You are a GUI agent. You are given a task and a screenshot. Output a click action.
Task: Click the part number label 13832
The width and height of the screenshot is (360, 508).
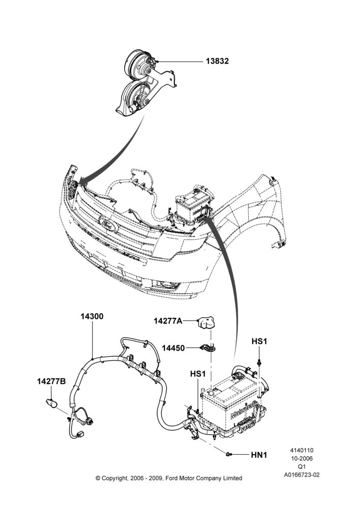(217, 61)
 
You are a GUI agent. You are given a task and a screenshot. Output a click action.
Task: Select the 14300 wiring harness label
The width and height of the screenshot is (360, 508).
(92, 316)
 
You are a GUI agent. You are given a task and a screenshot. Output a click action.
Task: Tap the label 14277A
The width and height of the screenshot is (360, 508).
(168, 321)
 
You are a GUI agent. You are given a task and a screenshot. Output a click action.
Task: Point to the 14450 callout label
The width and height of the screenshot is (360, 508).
(173, 348)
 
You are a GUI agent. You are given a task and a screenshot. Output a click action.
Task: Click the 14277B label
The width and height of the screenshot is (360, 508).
(51, 382)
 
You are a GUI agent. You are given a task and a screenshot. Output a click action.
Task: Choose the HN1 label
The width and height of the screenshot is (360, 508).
(259, 455)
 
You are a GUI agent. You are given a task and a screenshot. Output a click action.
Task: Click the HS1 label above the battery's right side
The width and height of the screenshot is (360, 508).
(259, 341)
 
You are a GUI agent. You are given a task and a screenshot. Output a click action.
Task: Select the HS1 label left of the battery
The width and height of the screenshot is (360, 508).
(198, 374)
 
